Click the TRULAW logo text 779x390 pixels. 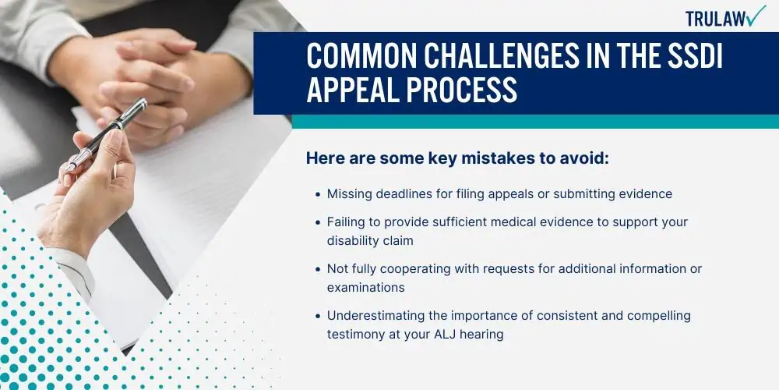tap(716, 19)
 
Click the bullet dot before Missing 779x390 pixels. tap(318, 194)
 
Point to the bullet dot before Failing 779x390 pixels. tap(318, 222)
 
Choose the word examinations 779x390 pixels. tap(365, 288)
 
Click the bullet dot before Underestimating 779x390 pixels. tap(318, 316)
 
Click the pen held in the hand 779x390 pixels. tap(106, 135)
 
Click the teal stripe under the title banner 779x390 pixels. tap(535, 122)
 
